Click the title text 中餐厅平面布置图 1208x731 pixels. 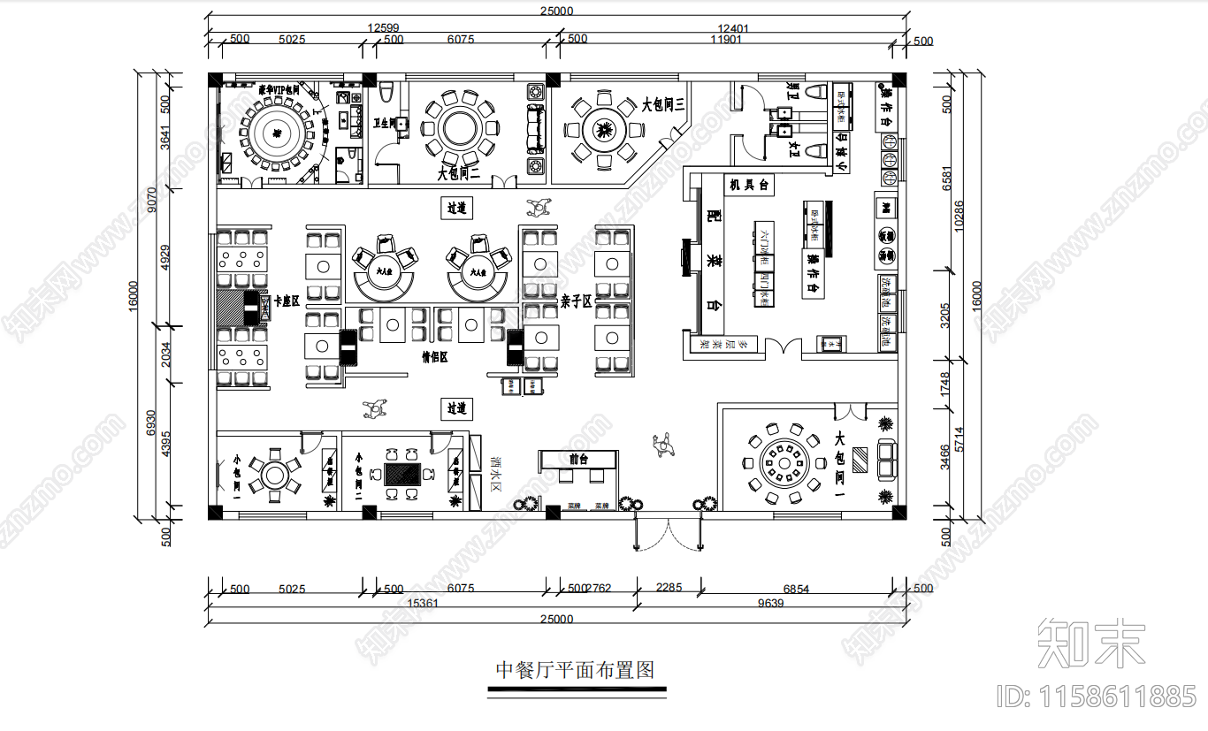(575, 670)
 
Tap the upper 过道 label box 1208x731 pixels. (456, 209)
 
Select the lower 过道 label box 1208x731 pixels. (456, 408)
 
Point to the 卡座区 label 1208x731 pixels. (287, 301)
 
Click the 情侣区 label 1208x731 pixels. (434, 357)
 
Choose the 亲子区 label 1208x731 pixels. (575, 301)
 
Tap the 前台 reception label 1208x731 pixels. (579, 459)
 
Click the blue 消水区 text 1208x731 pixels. (496, 475)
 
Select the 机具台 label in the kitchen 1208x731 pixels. (748, 185)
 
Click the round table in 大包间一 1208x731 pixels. (784, 461)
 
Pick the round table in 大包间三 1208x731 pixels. (604, 129)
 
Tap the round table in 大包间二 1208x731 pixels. (460, 127)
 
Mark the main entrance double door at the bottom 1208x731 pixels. (669, 534)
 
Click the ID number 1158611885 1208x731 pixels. (1097, 697)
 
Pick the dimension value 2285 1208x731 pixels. (669, 588)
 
